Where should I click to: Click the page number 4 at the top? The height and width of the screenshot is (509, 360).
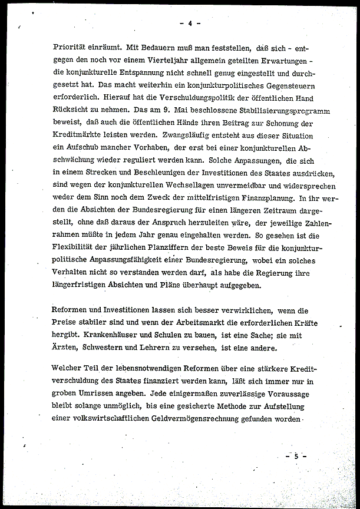click(190, 24)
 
